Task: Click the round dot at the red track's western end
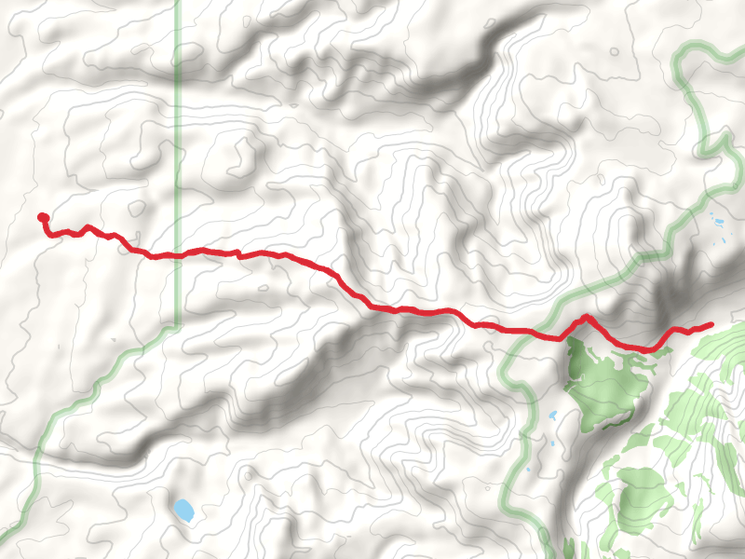(x=42, y=218)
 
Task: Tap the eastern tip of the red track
(x=711, y=325)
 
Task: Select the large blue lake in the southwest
(x=183, y=510)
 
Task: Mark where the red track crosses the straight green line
(x=178, y=253)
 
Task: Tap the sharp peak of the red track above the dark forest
(x=587, y=318)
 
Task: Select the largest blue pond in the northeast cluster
(x=717, y=223)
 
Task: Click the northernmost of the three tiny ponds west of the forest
(x=552, y=415)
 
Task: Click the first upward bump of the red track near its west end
(x=88, y=226)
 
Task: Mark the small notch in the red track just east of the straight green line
(x=238, y=252)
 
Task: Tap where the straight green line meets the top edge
(x=178, y=1)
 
